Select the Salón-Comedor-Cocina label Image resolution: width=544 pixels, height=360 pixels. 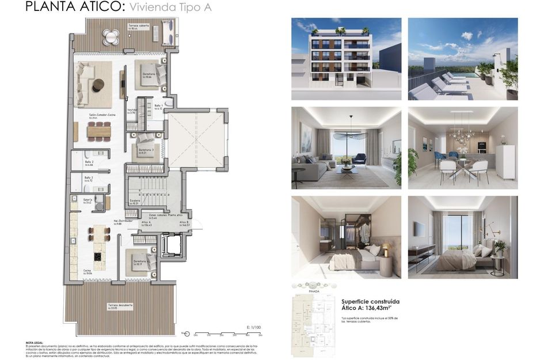(101, 115)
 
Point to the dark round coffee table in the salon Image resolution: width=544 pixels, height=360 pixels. (98, 85)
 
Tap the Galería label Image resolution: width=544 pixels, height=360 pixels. (88, 200)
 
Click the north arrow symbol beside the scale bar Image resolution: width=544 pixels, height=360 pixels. (185, 332)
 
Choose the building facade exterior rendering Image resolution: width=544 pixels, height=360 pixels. (346, 59)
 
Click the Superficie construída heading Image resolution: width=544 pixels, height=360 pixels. (370, 301)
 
